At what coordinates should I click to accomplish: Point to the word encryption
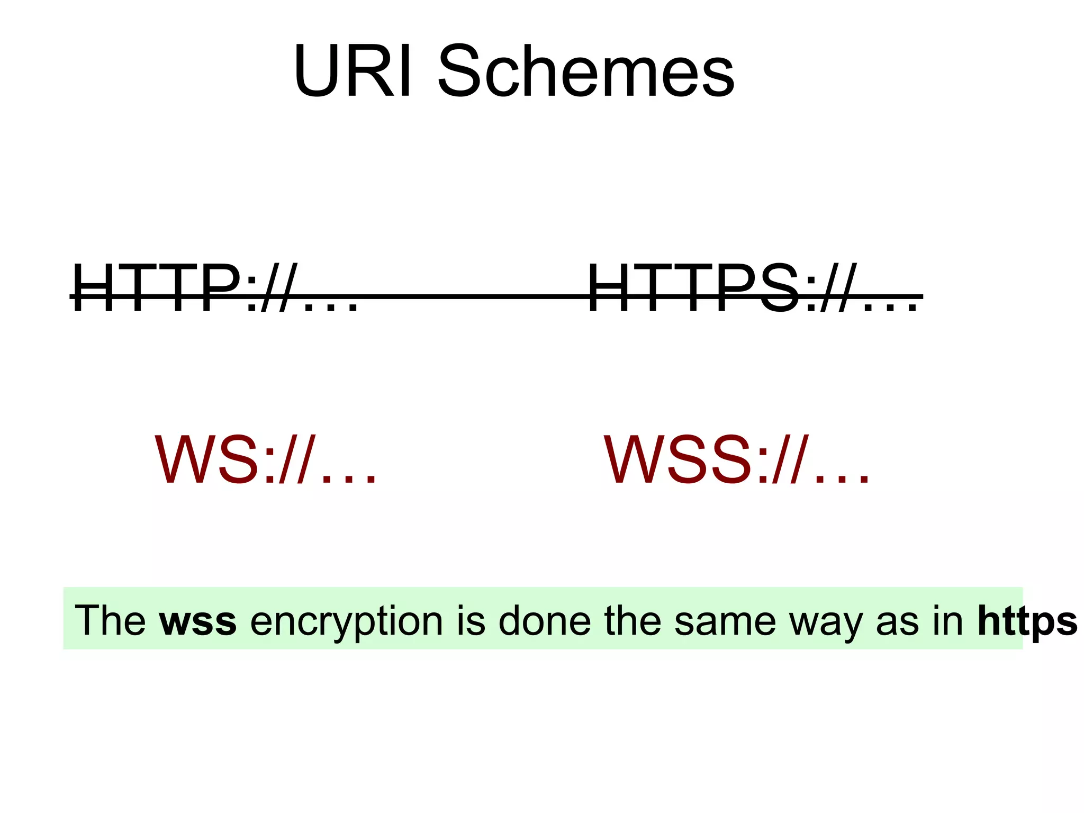pyautogui.click(x=346, y=620)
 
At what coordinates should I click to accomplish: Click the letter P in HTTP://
pyautogui.click(x=220, y=288)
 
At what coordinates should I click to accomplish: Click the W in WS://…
pyautogui.click(x=183, y=459)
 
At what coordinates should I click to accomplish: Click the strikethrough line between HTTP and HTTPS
pyautogui.click(x=471, y=297)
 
